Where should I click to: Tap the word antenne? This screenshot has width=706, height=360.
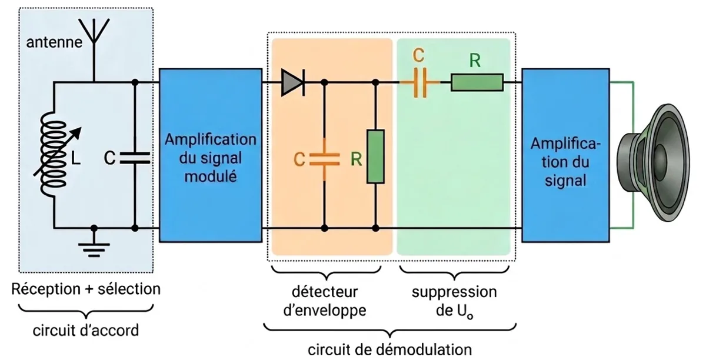click(54, 42)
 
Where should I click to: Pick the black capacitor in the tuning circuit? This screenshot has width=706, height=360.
click(135, 158)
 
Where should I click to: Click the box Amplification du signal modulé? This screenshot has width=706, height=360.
click(211, 155)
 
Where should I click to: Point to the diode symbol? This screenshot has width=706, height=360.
click(293, 82)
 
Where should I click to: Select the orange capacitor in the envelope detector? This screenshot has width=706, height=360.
click(325, 159)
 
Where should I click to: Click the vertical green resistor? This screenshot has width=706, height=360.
click(375, 156)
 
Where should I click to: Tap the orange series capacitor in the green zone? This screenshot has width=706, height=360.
click(420, 82)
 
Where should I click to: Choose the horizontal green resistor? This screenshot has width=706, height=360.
click(477, 82)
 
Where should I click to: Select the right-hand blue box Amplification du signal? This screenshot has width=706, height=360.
click(565, 155)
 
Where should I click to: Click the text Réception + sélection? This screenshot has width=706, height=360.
click(86, 289)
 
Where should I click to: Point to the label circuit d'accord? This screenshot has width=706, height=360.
click(86, 331)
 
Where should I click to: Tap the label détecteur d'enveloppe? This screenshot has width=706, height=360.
click(325, 301)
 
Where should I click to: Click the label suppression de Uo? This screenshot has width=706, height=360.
click(454, 302)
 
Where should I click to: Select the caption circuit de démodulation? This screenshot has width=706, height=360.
click(390, 349)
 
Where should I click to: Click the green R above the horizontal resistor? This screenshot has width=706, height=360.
click(475, 60)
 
